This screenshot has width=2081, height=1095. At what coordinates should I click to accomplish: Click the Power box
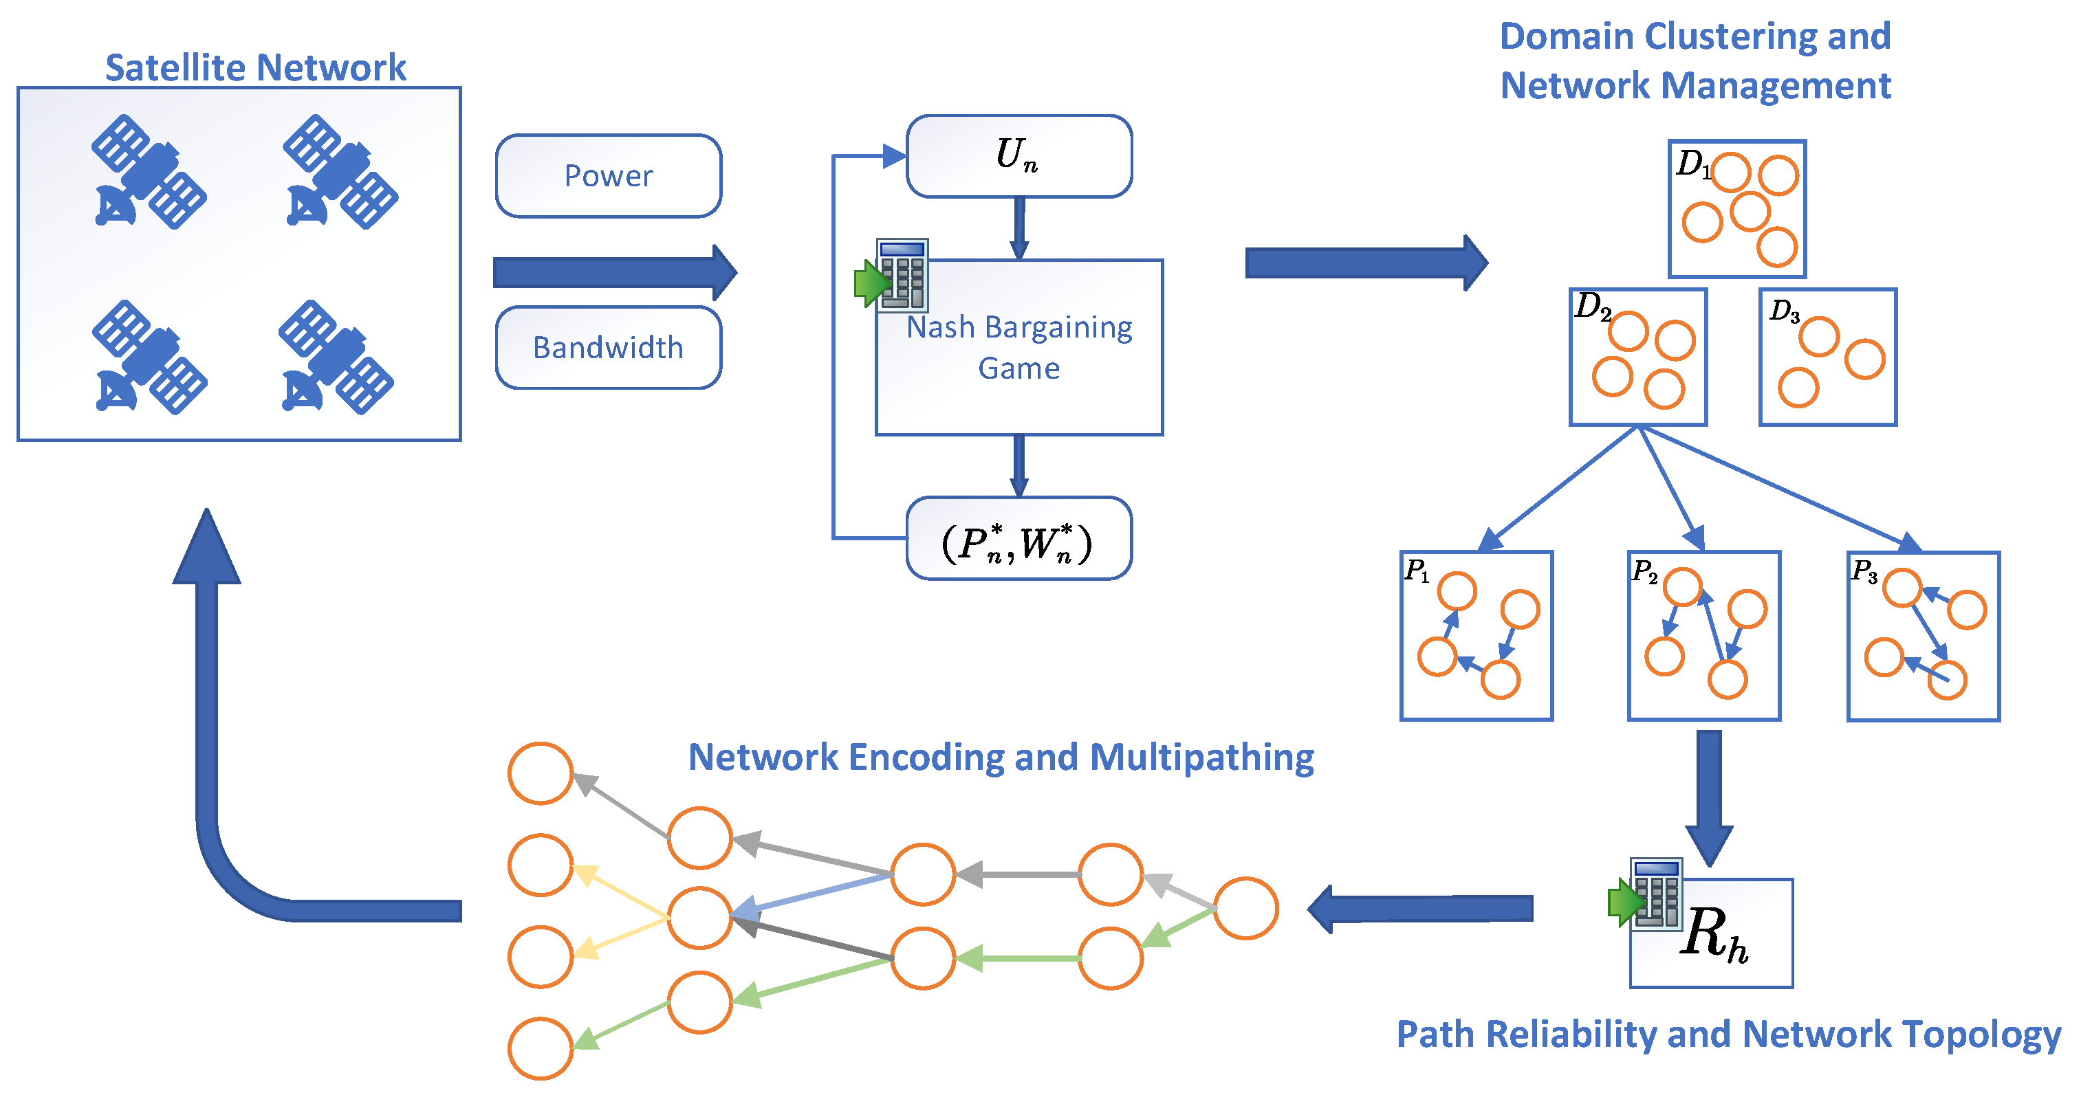coord(609,176)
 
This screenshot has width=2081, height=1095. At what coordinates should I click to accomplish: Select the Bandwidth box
coord(609,347)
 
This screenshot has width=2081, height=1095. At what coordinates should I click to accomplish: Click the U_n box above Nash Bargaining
coord(1018,156)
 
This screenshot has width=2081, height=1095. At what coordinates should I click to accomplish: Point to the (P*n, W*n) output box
coord(1018,540)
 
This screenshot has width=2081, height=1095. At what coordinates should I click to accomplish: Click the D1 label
coord(1692,164)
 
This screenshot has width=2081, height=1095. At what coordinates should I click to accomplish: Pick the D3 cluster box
coord(1828,357)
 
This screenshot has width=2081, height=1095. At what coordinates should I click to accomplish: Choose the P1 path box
coord(1477,636)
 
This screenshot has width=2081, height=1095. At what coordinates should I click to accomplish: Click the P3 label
coord(1864,572)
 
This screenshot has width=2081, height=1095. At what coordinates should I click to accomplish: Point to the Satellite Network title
coord(255,68)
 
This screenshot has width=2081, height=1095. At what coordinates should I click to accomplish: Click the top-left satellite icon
coord(149,171)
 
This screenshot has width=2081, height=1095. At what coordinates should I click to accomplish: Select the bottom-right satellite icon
coord(336,357)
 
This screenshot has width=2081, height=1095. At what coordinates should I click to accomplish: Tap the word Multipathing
coord(1201,757)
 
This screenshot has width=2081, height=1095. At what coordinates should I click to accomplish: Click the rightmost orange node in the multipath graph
coord(1245,909)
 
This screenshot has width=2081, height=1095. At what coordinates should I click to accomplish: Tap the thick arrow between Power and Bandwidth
coord(615,272)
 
